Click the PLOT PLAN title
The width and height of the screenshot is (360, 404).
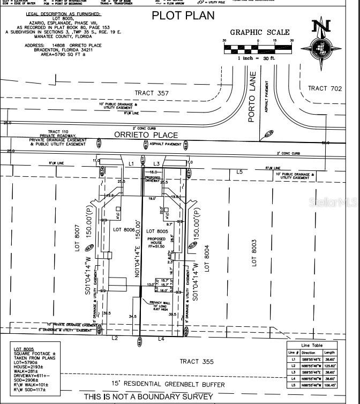[x=182, y=15]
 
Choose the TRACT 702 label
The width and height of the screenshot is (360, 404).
[x=325, y=88]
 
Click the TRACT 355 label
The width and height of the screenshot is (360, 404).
[x=196, y=362]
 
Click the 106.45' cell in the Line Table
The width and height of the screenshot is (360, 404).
[x=330, y=385]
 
